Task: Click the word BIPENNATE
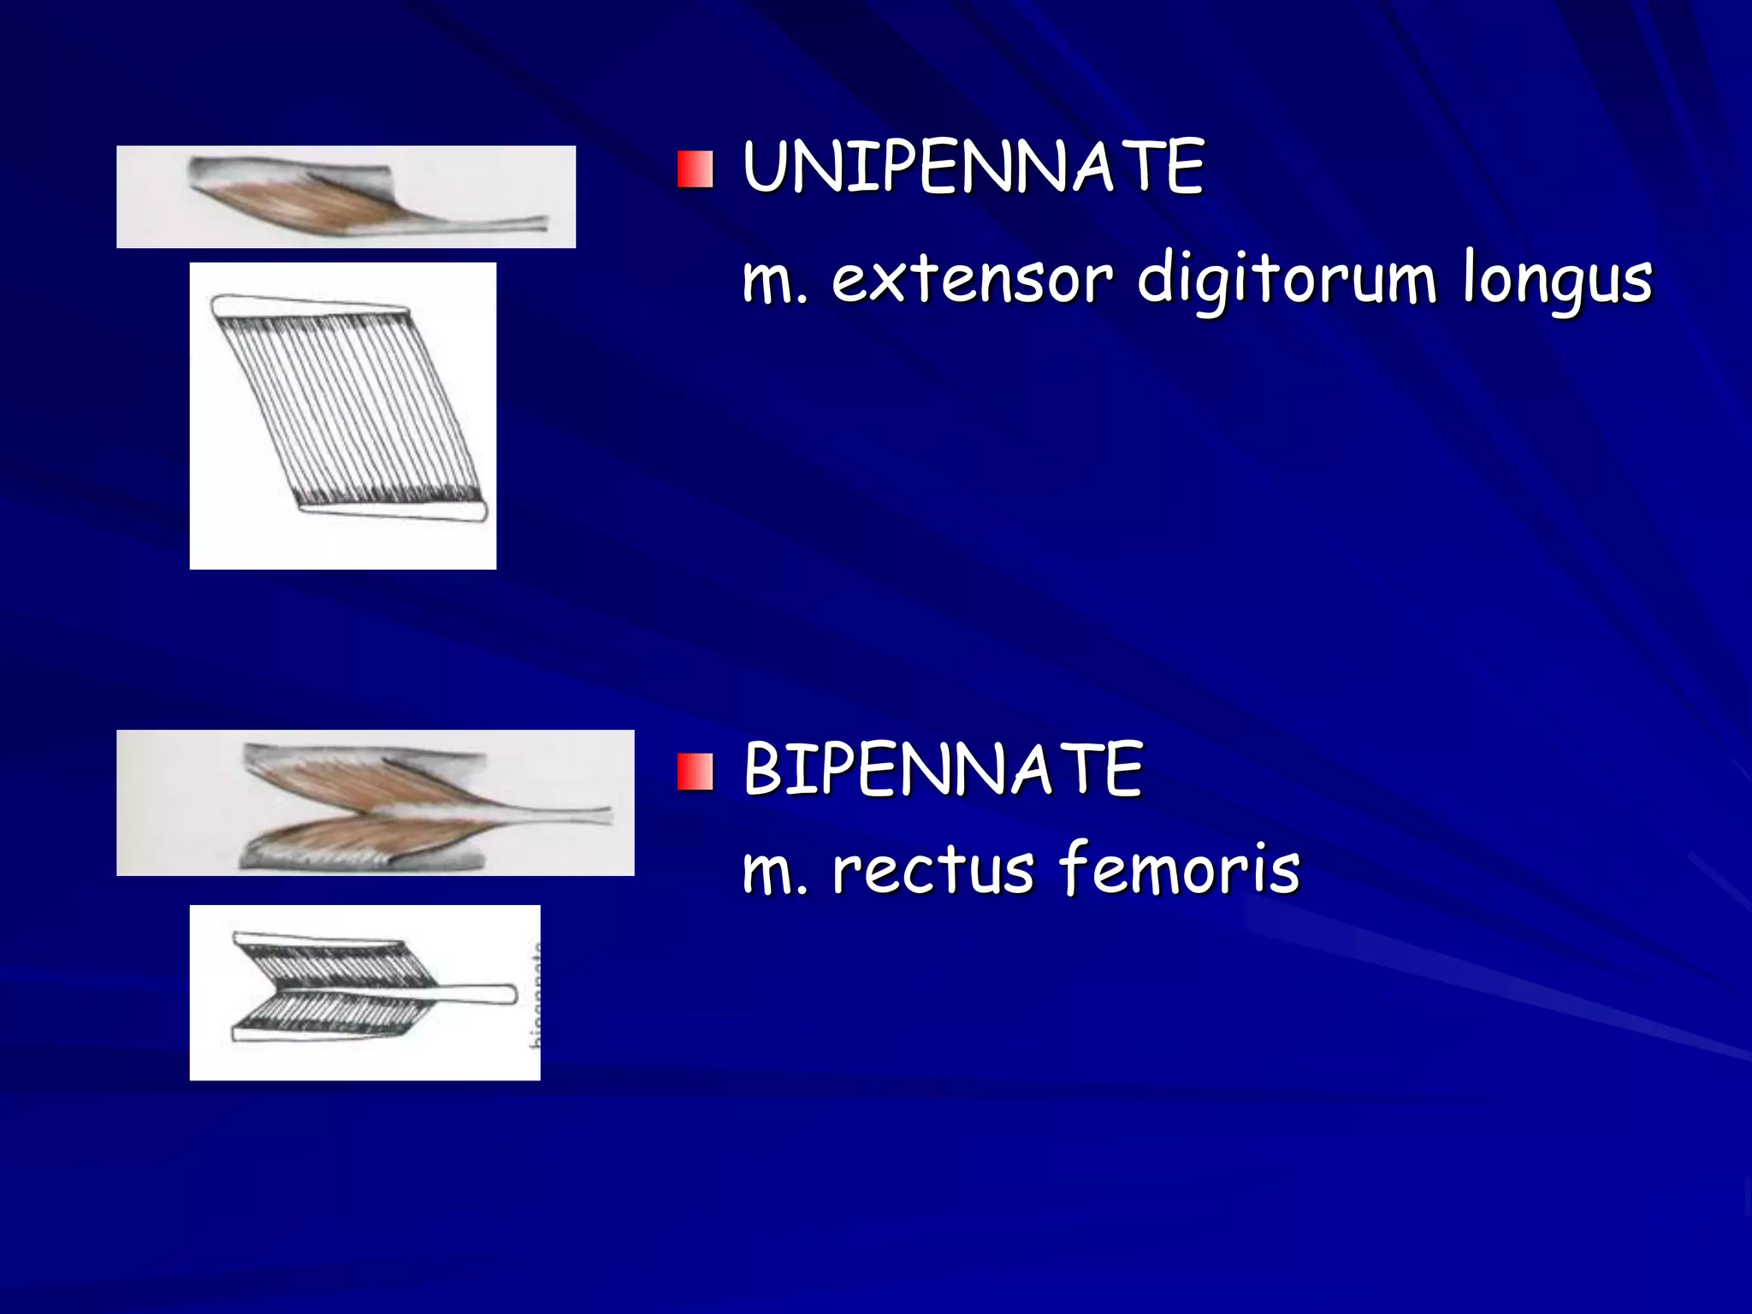[x=943, y=770]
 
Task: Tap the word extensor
[x=972, y=279]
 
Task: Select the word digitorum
[x=1287, y=279]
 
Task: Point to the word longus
[x=1557, y=281]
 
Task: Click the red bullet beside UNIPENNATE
[x=695, y=169]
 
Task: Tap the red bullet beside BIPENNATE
[x=695, y=772]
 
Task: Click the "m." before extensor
[x=774, y=282]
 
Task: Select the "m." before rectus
[x=774, y=873]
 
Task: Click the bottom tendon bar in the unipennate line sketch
[x=394, y=511]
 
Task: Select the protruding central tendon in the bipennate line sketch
[x=475, y=994]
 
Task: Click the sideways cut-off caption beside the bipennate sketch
[x=536, y=997]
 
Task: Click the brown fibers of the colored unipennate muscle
[x=291, y=205]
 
